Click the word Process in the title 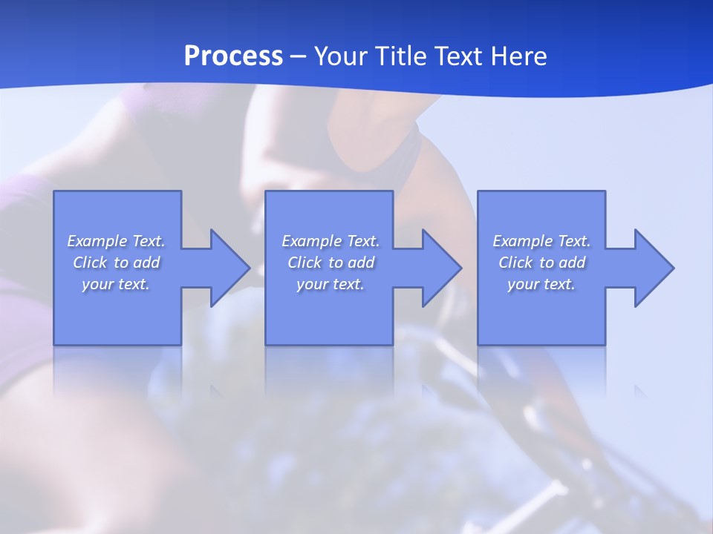click(233, 56)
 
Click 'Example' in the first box click(97, 241)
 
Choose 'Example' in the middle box click(311, 241)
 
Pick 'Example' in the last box click(522, 241)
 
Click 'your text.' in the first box click(116, 284)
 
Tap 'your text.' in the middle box click(331, 284)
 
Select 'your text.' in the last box click(541, 284)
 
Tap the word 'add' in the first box click(147, 263)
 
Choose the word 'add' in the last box click(573, 263)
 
